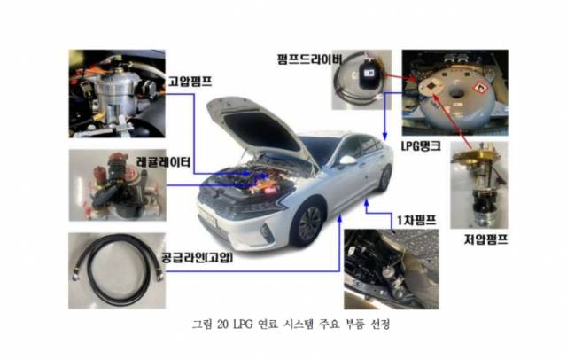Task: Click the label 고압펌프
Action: pos(190,80)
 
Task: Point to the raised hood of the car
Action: pos(253,124)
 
